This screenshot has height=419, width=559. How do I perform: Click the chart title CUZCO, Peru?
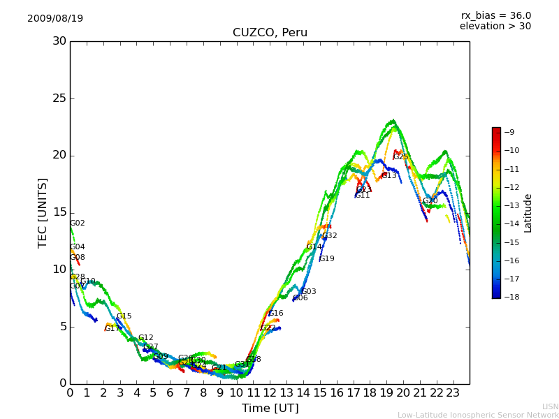[270, 33]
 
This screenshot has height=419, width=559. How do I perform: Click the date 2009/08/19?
[55, 18]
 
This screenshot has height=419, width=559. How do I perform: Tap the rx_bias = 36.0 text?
[495, 15]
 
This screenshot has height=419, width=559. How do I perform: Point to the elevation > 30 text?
[495, 27]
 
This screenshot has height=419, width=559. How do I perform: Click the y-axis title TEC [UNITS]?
[43, 212]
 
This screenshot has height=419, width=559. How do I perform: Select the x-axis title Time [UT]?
[270, 408]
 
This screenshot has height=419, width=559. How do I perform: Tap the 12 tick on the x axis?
[270, 392]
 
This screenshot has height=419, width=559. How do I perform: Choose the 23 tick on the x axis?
[453, 392]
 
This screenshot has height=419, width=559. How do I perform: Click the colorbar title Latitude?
[528, 212]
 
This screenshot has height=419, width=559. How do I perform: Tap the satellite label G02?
[78, 223]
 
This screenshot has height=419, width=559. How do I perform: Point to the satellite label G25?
[401, 157]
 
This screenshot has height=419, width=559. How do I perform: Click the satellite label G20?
[430, 201]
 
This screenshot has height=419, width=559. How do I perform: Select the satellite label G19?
[326, 259]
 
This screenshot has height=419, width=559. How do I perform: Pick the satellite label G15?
[124, 316]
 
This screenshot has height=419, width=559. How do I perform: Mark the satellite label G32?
[330, 236]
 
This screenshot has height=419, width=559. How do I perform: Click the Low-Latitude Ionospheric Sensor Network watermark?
[478, 415]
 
